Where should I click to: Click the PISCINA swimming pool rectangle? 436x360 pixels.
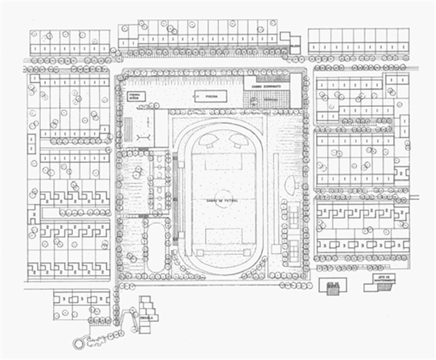point(211,97)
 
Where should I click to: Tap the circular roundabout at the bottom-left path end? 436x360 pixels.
point(79,344)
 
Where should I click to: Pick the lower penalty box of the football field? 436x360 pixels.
point(223,236)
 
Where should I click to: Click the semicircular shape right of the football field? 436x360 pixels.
point(291,184)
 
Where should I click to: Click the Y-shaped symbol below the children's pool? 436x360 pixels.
point(144,136)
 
